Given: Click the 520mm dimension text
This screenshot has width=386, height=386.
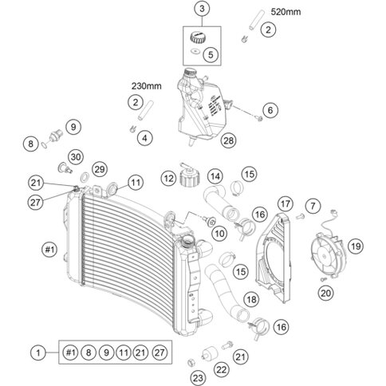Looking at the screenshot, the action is (x=286, y=12).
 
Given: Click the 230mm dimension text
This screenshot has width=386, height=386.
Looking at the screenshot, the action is (x=146, y=86).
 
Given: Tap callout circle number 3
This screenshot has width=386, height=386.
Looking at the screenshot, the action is (x=202, y=9).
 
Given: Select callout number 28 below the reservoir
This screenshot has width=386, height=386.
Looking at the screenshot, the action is (x=229, y=140).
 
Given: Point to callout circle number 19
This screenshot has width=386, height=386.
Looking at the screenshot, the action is (x=356, y=246).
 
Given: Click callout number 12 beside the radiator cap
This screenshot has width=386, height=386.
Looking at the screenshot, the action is (x=168, y=179).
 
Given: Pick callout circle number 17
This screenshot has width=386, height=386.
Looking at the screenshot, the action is (x=286, y=204).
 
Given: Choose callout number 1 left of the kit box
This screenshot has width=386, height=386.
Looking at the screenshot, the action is (x=38, y=353).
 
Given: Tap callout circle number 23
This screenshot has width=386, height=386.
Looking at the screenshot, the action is (x=198, y=378).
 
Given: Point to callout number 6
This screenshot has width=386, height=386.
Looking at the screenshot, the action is (x=270, y=110).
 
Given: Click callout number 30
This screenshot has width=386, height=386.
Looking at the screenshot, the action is (x=76, y=157).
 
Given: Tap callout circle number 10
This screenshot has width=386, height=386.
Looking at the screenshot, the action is (x=219, y=234).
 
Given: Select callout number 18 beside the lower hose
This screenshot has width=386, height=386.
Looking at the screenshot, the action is (x=251, y=299).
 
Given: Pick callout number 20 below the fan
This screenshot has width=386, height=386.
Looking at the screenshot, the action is (x=325, y=293).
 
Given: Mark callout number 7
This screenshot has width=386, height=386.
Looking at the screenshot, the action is (x=313, y=206).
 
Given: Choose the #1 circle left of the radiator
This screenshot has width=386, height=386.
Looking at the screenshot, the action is (x=49, y=250).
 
